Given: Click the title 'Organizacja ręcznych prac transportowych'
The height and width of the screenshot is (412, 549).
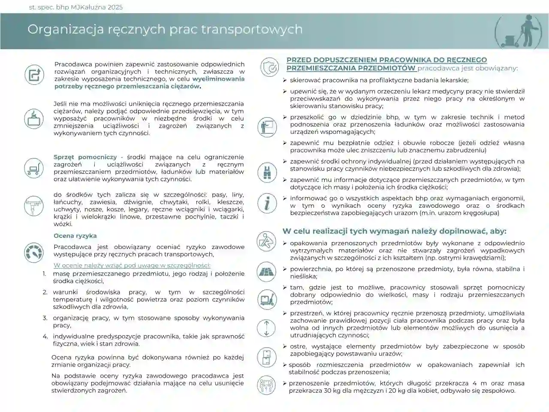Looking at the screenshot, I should (165, 29).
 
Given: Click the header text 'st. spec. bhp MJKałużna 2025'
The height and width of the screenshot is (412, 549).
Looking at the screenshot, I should (75, 7).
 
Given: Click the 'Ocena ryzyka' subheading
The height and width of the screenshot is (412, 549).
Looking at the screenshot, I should (75, 236).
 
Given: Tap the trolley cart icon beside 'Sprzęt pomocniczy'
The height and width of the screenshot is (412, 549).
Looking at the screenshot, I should (33, 167).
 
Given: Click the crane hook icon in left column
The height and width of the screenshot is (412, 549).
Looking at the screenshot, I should (33, 205).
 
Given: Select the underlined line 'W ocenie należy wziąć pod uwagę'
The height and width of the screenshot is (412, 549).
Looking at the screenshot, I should (132, 265).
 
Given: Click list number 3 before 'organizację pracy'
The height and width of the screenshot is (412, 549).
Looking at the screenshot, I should (45, 318).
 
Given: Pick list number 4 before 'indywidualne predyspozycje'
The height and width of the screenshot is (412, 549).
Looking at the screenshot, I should (45, 336).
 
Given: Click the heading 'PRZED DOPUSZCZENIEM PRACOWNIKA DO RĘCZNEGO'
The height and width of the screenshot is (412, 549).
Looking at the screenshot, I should (386, 60).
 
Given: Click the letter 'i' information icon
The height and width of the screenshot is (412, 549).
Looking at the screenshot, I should (267, 202).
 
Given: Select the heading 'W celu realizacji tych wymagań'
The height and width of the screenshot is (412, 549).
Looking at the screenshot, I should (394, 231).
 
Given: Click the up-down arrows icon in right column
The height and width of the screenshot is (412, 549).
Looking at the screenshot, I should (266, 328).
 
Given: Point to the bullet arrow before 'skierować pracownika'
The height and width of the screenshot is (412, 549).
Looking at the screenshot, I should (285, 80).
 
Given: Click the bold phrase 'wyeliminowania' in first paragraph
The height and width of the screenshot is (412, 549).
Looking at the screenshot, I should (218, 79).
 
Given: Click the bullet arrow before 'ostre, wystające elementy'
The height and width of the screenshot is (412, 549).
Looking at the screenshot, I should (285, 346).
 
